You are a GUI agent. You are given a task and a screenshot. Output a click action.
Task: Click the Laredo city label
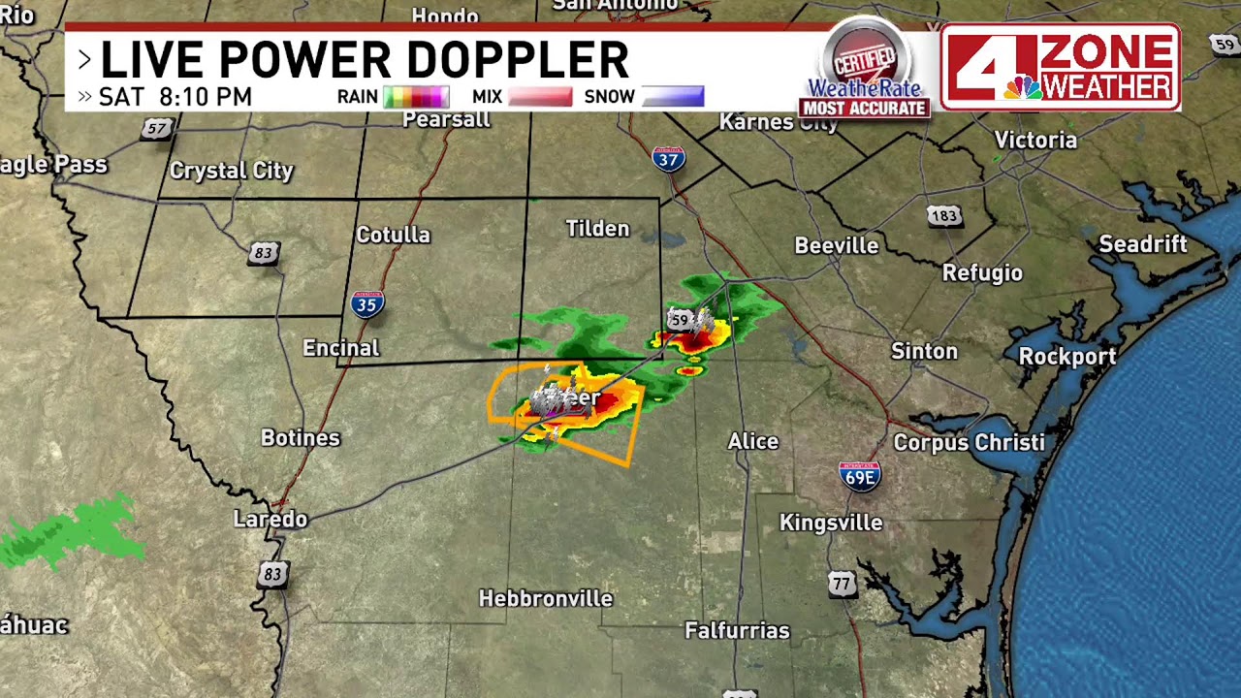[x=270, y=520]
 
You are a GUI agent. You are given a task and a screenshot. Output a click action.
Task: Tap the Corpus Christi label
[x=969, y=443]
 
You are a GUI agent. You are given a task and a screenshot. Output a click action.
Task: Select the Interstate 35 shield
[x=366, y=304]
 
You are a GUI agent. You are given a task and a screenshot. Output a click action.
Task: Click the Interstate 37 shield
[x=668, y=158]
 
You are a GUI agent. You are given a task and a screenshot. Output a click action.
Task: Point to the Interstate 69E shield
[x=859, y=475]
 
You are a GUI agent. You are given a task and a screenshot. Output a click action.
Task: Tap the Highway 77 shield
[x=842, y=584]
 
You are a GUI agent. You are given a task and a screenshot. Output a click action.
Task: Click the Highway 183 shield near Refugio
[x=943, y=215]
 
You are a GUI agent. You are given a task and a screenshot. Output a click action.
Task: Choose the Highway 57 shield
[x=156, y=128]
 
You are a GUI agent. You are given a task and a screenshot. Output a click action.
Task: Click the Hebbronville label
[x=546, y=599]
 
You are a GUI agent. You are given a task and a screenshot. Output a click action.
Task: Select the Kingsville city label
[x=831, y=523]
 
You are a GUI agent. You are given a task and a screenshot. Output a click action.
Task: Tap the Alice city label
[x=752, y=442]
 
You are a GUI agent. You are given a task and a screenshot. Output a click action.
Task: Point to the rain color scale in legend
[x=416, y=97]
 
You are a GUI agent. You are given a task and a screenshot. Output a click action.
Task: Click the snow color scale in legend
[x=672, y=97]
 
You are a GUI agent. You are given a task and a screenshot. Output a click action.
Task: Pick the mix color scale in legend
[x=539, y=97]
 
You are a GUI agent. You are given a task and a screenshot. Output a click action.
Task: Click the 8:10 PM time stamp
[x=206, y=97]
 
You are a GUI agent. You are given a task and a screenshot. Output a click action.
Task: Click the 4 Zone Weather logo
[x=1060, y=67]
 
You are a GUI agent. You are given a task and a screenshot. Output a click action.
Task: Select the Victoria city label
[x=1035, y=141]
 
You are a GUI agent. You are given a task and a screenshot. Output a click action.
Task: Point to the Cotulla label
[x=393, y=236]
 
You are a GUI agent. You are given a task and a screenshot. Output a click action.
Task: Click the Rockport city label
[x=1066, y=357]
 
